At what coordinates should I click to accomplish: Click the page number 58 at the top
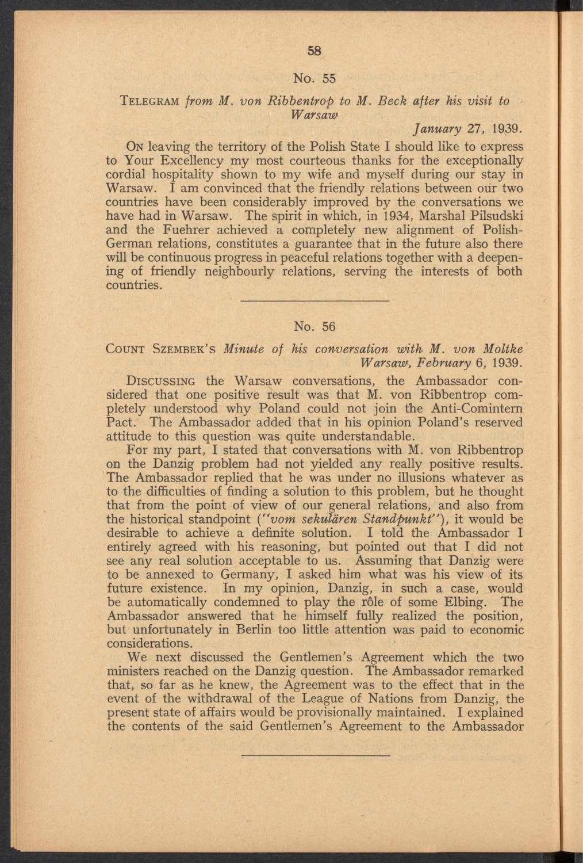point(314,50)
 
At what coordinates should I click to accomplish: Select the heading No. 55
point(314,77)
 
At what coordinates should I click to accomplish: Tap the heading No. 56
point(314,326)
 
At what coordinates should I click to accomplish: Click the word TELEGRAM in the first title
point(144,101)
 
